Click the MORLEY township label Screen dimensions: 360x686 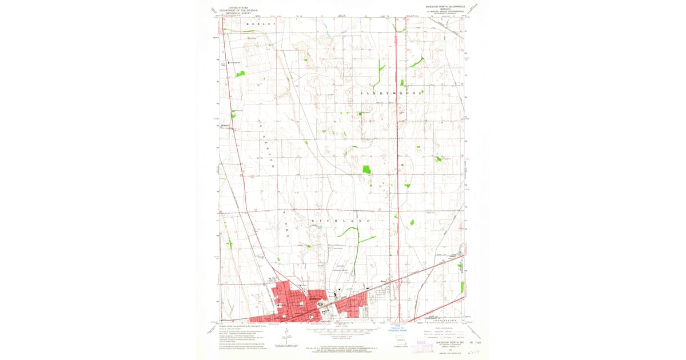[261, 24]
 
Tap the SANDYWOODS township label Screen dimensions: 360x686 [392, 92]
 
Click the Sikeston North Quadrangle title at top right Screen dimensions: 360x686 [445, 7]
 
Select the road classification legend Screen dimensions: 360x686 [444, 334]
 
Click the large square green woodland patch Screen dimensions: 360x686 [366, 169]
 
